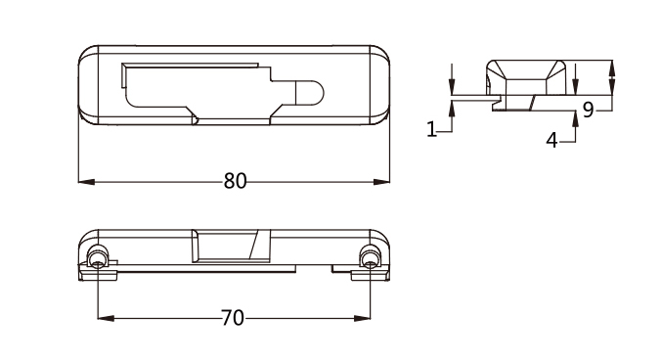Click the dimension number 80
tap(235, 181)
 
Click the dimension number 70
tap(233, 318)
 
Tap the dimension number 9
tap(588, 110)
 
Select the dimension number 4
tap(551, 140)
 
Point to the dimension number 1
tap(431, 129)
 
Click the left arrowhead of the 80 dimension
tap(86, 182)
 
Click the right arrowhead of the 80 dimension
tap(381, 182)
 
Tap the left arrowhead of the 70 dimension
tap(106, 318)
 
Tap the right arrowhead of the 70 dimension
tap(362, 318)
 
